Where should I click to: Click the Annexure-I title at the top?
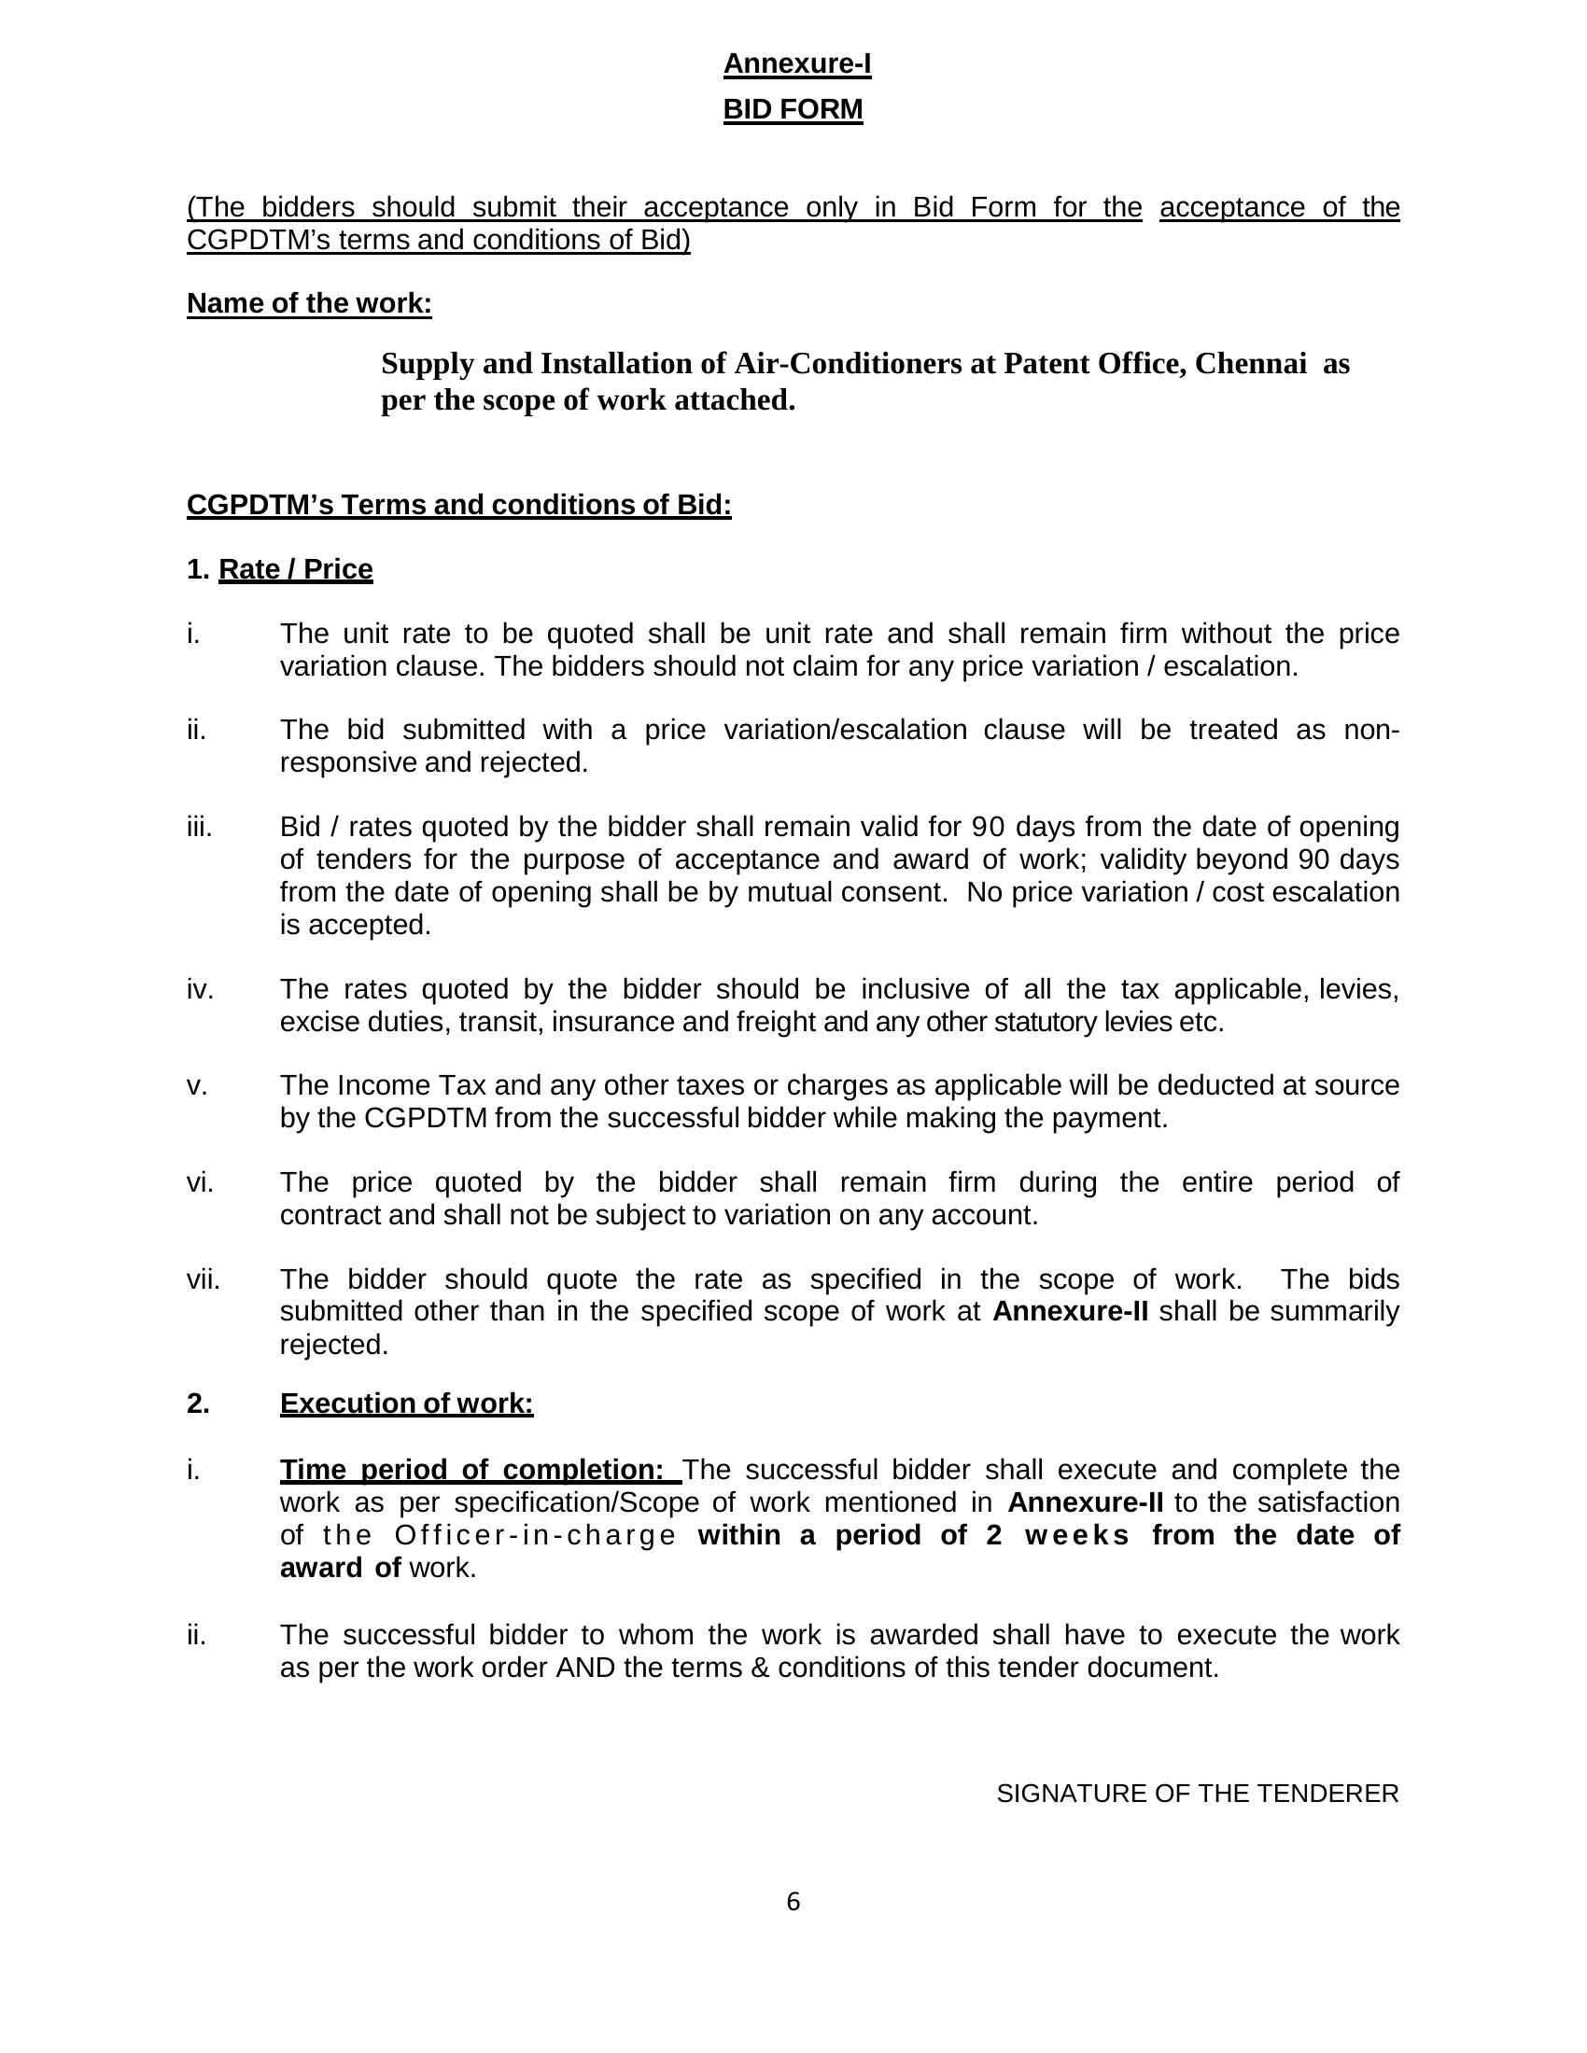(x=796, y=63)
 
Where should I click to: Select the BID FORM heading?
(x=793, y=110)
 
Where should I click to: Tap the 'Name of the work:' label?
(x=309, y=303)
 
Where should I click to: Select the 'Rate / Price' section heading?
(x=295, y=569)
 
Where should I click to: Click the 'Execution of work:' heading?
(x=406, y=1404)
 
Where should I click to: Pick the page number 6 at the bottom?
(x=793, y=1902)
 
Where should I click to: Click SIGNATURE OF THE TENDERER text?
(x=1197, y=1794)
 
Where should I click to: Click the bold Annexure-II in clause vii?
(x=1070, y=1311)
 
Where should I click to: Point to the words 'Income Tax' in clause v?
(x=387, y=1085)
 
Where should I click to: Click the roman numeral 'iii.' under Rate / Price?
(x=200, y=827)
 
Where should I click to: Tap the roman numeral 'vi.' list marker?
(x=201, y=1182)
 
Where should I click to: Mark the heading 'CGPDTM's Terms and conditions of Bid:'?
(x=458, y=506)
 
